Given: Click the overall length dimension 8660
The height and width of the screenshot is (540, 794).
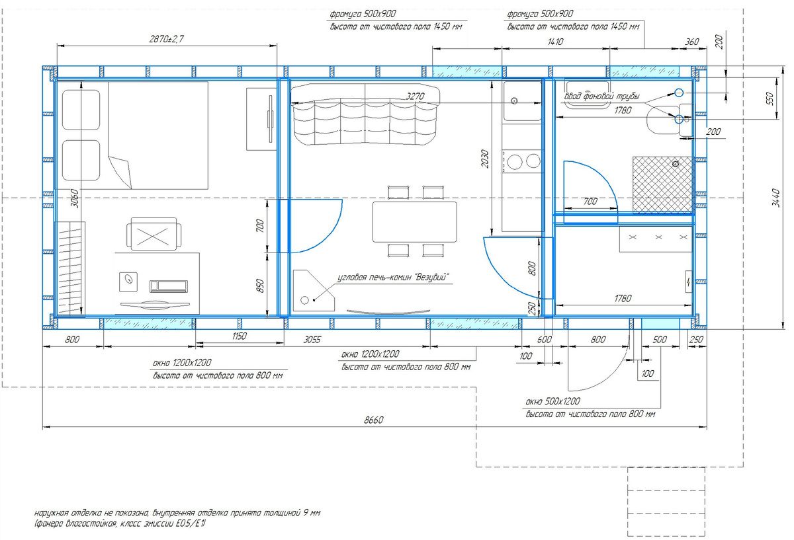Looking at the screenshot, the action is (374, 420).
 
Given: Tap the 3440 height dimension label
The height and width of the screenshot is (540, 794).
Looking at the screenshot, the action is (776, 198).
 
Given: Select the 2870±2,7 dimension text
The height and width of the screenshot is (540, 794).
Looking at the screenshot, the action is (167, 39).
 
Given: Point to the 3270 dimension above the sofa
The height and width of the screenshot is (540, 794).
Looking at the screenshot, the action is (415, 96).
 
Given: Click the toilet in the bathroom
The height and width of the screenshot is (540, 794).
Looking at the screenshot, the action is (668, 120).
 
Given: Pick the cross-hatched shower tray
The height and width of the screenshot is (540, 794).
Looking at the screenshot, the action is (662, 185).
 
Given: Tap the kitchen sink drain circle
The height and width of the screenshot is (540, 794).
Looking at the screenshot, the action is (514, 101).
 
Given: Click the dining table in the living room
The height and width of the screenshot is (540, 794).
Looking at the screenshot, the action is (415, 221).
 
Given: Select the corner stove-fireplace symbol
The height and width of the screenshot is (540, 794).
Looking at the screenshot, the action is (314, 291).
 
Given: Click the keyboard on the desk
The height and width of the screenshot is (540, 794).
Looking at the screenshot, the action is (169, 286).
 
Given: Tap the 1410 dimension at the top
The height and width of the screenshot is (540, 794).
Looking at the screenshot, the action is (555, 42).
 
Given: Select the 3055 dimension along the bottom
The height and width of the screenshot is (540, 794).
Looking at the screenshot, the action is (312, 340).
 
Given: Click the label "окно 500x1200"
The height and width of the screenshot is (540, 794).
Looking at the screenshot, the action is (552, 402).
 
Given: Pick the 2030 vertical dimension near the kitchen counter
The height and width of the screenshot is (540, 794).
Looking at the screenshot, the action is (484, 159).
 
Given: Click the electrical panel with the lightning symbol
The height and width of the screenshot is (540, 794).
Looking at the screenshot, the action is (688, 282).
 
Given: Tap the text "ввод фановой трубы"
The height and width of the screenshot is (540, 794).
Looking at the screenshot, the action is (602, 96).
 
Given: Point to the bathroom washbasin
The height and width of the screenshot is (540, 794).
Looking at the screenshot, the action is (588, 95).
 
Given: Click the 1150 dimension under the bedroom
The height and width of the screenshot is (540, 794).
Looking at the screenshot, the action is (240, 336).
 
